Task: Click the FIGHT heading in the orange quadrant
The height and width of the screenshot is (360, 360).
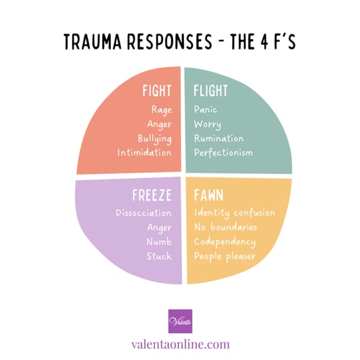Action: point(157,91)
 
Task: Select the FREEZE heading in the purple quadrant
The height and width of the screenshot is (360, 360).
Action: point(152,196)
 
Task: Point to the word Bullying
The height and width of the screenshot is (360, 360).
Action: point(154,138)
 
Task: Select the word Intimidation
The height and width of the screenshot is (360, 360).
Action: point(145,152)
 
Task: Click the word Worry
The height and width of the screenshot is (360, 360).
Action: point(208,124)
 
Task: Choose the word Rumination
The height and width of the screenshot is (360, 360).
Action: point(218,138)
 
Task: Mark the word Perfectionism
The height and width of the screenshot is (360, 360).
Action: point(223,152)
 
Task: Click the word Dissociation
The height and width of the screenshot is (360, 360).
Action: point(143,213)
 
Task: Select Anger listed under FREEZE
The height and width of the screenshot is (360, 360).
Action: point(158,227)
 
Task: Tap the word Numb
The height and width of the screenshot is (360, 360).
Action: point(159,242)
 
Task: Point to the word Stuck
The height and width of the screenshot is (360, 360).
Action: point(160,256)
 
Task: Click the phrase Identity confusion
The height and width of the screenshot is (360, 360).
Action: point(235,213)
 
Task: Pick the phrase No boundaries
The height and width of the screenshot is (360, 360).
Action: point(226,227)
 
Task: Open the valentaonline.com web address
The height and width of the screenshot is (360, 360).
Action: point(180,344)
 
